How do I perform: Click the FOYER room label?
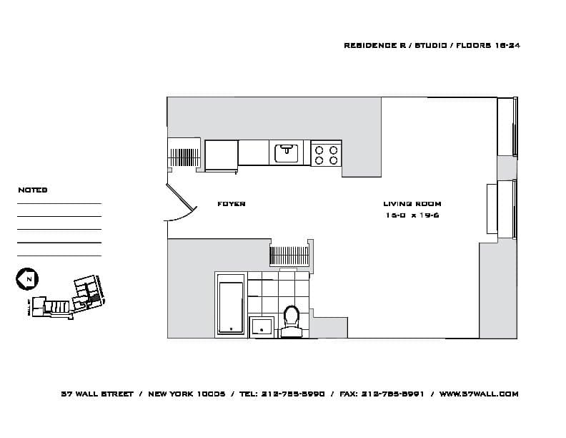tap(231, 205)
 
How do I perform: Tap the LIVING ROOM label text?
tap(412, 205)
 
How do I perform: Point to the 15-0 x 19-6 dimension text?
tap(412, 215)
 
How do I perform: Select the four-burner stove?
tap(327, 155)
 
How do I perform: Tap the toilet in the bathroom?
tap(291, 320)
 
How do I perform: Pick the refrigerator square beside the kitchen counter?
tap(221, 155)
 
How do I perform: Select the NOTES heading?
tap(33, 190)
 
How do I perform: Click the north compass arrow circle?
tap(26, 278)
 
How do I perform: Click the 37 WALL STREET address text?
tap(97, 394)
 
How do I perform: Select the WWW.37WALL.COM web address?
tap(478, 394)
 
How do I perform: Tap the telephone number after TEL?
tap(294, 394)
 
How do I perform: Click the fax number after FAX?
tap(393, 394)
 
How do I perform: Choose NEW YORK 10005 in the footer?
tap(187, 394)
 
